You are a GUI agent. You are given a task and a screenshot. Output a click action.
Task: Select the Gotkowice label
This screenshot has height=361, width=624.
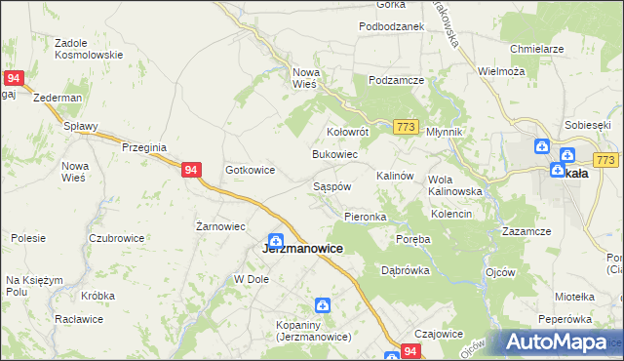[x=250, y=170]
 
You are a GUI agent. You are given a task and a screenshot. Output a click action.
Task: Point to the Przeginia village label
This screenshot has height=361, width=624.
[x=144, y=146]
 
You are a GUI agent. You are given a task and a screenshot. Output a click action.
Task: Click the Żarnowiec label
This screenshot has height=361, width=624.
[x=219, y=226]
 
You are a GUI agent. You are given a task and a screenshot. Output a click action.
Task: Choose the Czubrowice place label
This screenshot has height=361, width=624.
[x=117, y=238]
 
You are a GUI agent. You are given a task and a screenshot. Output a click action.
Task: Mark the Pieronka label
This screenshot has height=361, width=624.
[x=366, y=217]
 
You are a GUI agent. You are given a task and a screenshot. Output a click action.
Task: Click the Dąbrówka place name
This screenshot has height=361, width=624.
[x=405, y=270]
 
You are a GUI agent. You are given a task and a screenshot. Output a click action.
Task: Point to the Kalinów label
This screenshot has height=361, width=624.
[x=396, y=176]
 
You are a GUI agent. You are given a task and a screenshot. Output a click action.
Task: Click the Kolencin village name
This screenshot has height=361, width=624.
[x=451, y=214]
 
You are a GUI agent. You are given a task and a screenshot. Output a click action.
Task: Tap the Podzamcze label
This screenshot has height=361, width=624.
[x=393, y=80]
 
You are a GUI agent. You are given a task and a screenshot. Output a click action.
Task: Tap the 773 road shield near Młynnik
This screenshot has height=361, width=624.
[x=407, y=128]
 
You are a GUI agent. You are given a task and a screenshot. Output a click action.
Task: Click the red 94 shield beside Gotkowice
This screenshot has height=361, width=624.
[x=191, y=170]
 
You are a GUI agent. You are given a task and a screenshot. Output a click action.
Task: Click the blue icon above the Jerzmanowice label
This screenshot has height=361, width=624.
[x=276, y=239]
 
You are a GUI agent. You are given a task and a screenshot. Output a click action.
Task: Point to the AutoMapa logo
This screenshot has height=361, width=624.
[x=556, y=342]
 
